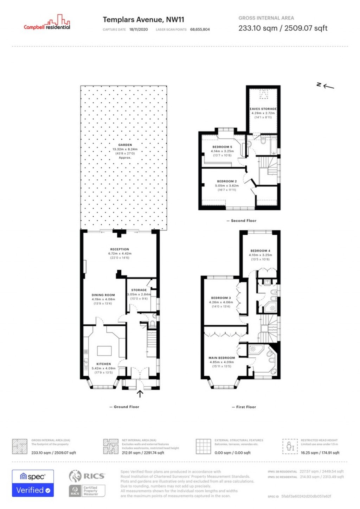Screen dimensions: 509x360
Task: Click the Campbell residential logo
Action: pos(47,23)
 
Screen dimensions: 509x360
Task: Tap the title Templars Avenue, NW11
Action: pos(143,20)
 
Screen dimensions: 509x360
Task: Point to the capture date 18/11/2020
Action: pos(139,30)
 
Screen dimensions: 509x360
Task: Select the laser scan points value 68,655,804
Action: pos(200,30)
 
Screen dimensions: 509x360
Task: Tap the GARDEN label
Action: pos(125,145)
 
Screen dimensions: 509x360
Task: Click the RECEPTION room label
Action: pos(120,249)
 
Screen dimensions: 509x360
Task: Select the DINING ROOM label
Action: pos(103,295)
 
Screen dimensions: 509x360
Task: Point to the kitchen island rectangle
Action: pos(104,351)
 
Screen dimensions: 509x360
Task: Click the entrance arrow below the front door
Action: pos(140,394)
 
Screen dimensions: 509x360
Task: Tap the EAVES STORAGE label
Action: pos(263,109)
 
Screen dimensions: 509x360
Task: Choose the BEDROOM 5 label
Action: pos(222,147)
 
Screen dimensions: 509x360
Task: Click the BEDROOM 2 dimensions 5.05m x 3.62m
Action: pos(227,186)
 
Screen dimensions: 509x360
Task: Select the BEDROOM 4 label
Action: pos(260,251)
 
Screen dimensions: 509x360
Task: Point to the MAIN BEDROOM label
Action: pos(221,358)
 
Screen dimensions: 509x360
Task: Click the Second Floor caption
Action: pos(243,221)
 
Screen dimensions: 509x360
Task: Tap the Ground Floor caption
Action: pos(126,407)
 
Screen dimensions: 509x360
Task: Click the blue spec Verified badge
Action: pos(33,483)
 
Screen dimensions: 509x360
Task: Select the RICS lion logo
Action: pos(75,476)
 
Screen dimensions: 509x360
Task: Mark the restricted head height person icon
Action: pos(290,446)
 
